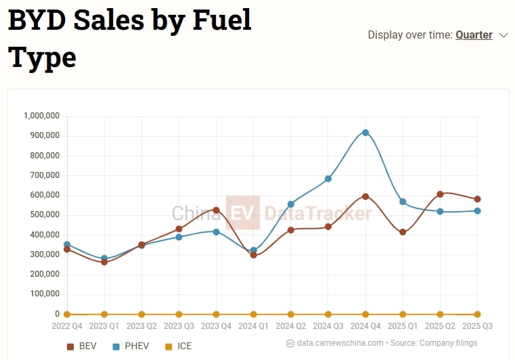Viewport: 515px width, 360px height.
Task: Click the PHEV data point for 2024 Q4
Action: point(365,133)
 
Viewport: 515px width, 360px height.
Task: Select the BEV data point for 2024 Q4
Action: point(365,196)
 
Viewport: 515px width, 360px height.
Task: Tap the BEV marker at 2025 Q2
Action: point(441,194)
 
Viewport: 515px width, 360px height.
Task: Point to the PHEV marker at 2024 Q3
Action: point(328,179)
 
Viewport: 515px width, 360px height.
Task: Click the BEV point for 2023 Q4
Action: point(217,210)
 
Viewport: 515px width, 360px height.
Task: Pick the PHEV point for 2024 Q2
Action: point(291,204)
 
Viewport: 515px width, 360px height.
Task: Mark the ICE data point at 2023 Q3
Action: point(179,314)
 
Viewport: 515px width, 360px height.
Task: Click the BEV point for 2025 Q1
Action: point(403,232)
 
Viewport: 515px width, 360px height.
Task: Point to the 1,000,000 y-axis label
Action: point(42,116)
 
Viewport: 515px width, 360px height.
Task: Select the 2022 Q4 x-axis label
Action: point(67,326)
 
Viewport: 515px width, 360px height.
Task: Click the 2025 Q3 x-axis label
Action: point(478,326)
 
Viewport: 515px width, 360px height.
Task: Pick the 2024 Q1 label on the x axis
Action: point(254,326)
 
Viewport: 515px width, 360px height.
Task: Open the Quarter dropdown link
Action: point(474,35)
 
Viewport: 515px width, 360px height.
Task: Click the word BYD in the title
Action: point(43,20)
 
